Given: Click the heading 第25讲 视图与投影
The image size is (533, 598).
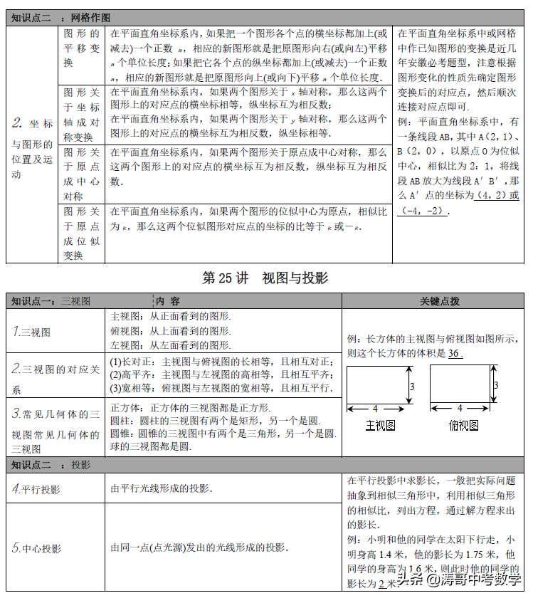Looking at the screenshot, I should [x=265, y=278].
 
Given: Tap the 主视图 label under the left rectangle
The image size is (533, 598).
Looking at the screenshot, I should [x=380, y=426].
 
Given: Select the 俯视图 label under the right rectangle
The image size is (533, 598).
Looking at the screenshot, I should [x=463, y=426].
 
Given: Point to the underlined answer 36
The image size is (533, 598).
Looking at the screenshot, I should [x=455, y=354].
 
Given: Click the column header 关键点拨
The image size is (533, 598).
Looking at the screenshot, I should [x=439, y=301].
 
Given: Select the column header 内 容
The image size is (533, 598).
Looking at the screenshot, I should [x=169, y=301].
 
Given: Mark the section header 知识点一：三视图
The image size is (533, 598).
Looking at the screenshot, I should [x=51, y=301].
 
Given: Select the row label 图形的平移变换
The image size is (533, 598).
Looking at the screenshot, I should [x=82, y=48].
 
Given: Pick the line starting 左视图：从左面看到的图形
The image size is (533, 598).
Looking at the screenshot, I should [x=171, y=345].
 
